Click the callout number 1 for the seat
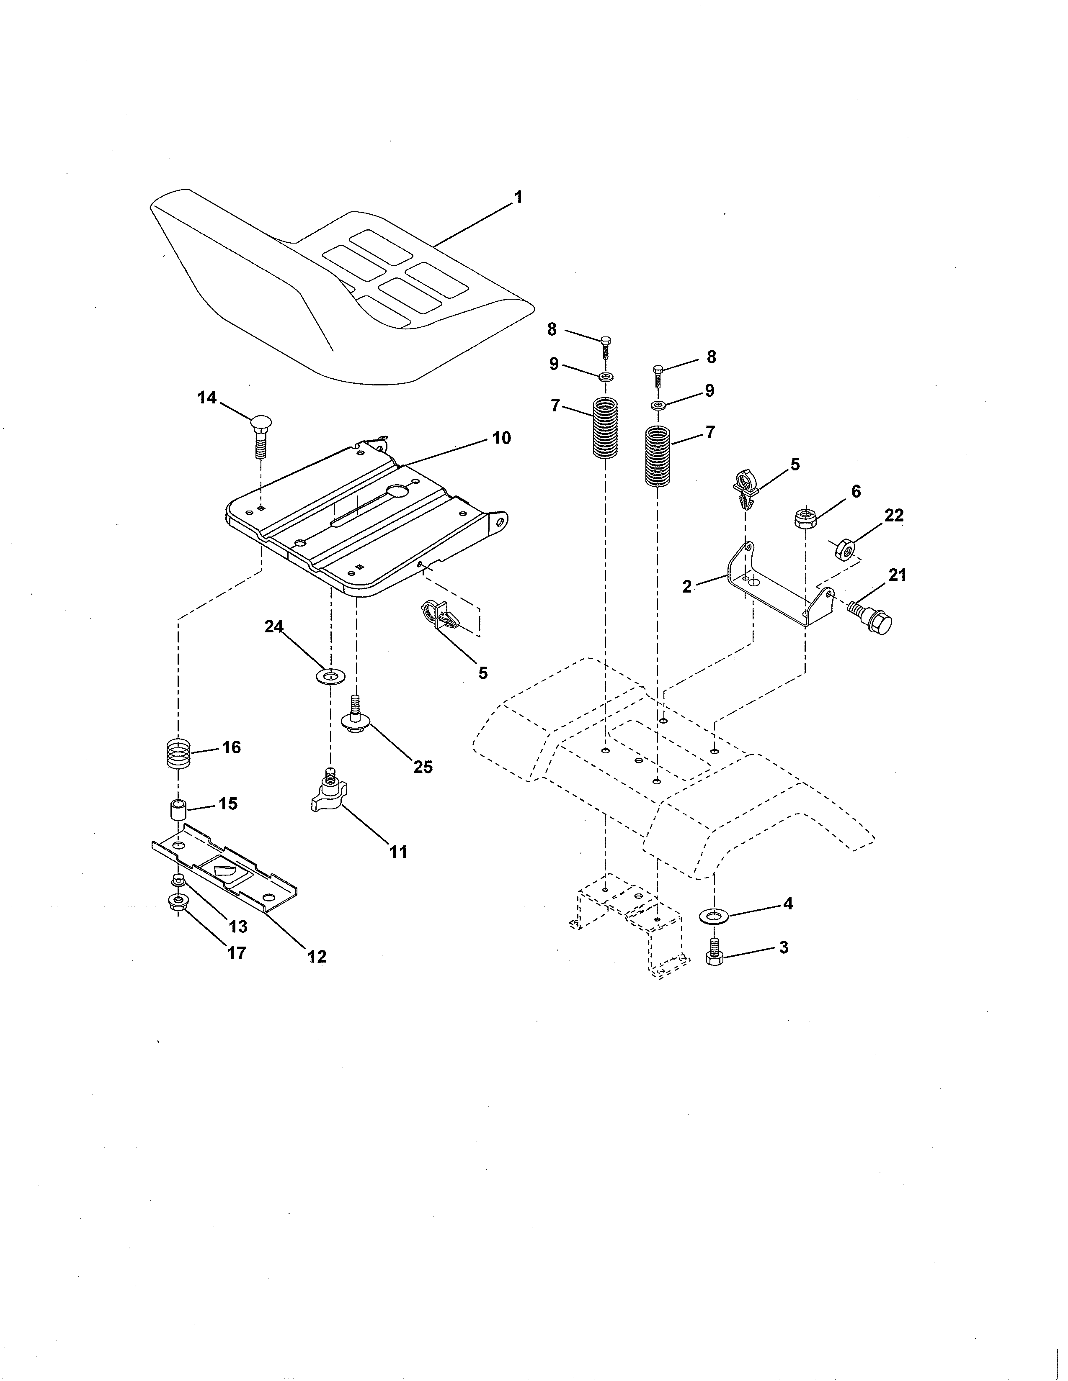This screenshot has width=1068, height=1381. click(518, 197)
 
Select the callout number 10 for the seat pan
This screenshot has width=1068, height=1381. click(501, 438)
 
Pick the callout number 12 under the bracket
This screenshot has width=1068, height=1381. click(317, 957)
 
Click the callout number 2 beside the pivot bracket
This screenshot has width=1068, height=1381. click(688, 586)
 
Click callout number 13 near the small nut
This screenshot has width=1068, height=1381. click(238, 927)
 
